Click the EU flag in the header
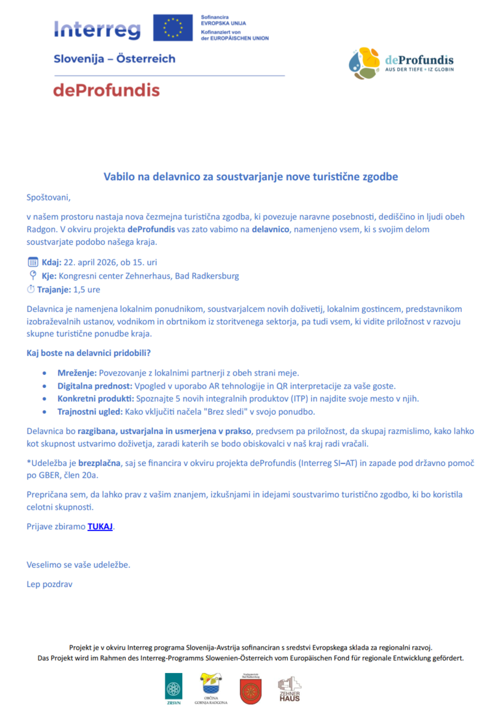click(173, 28)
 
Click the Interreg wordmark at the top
click(98, 29)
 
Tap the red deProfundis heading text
click(106, 90)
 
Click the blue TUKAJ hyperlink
click(100, 527)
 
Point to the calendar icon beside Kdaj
click(33, 262)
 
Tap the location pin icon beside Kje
click(33, 276)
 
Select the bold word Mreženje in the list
click(77, 373)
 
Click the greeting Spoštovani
click(48, 197)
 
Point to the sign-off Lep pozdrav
click(49, 584)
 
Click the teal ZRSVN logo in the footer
click(174, 688)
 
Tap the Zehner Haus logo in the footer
click(289, 689)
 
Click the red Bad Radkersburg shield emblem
click(250, 690)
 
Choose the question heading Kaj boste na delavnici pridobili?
click(89, 353)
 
